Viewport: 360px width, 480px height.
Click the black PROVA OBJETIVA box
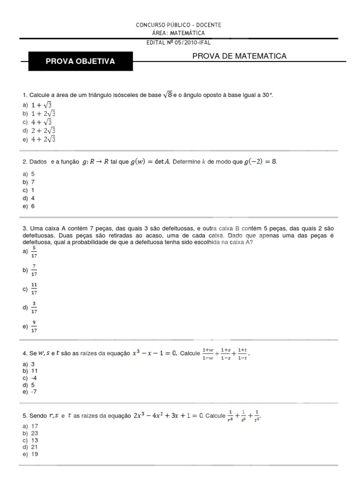click(80, 61)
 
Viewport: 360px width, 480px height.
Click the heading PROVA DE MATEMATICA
click(240, 56)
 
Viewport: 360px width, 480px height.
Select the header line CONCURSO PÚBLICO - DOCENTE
click(178, 25)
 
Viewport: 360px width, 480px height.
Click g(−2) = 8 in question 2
click(260, 162)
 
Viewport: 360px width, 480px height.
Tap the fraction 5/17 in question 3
click(34, 252)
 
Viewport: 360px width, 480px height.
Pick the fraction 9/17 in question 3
click(34, 327)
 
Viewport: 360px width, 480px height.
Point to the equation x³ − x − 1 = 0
click(156, 354)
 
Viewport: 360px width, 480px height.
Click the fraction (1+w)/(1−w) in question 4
click(208, 354)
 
